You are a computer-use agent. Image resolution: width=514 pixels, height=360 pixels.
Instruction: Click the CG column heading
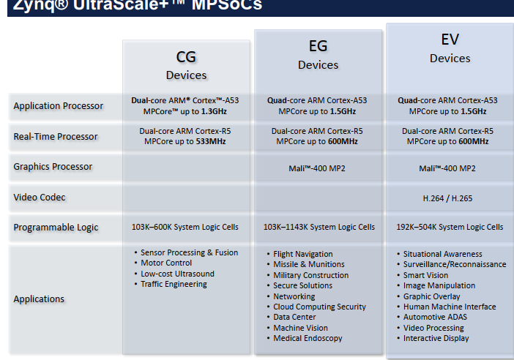[x=186, y=57]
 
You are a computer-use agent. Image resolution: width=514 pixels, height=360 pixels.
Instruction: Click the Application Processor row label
[x=59, y=106]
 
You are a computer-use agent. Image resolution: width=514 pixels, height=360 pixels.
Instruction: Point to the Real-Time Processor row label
[x=55, y=137]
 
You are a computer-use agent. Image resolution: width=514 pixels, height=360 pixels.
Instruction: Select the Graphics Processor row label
[x=53, y=167]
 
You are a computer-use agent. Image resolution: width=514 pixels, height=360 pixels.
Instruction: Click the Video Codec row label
[x=40, y=197]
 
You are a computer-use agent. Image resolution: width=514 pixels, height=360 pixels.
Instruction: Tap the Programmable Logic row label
[x=56, y=228]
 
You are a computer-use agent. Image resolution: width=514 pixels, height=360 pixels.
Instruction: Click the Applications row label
[x=39, y=299]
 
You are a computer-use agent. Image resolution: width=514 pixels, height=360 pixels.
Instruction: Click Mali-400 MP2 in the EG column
[x=319, y=168]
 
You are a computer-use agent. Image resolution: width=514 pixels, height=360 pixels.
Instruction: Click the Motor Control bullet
[x=166, y=263]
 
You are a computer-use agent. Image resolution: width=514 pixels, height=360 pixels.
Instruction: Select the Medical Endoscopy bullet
[x=308, y=339]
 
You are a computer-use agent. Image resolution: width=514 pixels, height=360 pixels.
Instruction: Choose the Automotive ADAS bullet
[x=435, y=318]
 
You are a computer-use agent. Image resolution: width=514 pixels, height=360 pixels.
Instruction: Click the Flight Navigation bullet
[x=303, y=254]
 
